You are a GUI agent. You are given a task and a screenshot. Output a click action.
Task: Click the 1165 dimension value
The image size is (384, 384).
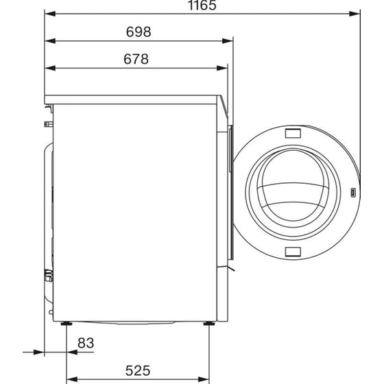[x=201, y=6]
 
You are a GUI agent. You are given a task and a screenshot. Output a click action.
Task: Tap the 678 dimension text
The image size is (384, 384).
[x=136, y=59]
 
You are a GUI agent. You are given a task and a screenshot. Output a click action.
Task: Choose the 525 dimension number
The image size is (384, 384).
[x=138, y=371]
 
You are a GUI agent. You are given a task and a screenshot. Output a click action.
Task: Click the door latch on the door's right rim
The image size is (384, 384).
[x=352, y=193]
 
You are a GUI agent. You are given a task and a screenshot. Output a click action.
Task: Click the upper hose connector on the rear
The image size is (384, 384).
[x=47, y=124]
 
